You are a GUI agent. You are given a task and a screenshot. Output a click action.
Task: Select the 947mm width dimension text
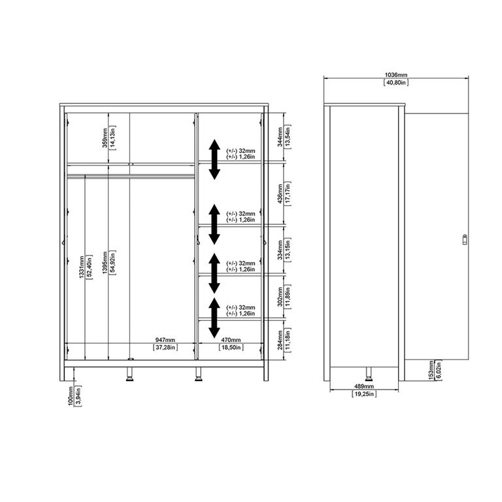(165, 340)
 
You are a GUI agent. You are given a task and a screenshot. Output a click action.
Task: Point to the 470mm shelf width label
(231, 340)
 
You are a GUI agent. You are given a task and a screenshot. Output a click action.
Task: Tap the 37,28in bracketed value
(165, 348)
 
